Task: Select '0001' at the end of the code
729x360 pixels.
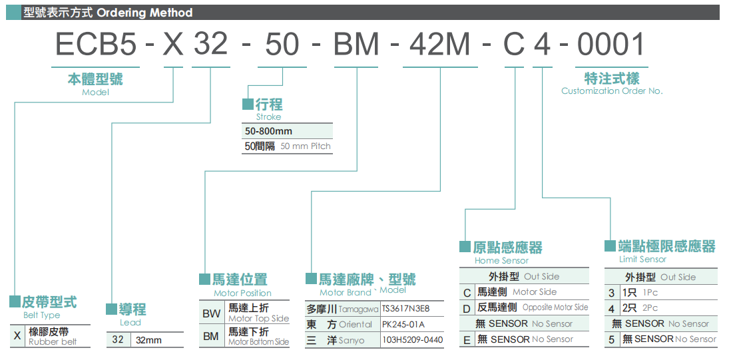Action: coord(611,45)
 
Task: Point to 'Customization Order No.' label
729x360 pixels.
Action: coord(612,91)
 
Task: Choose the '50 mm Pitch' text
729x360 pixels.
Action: coord(306,146)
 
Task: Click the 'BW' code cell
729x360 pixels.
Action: coord(211,313)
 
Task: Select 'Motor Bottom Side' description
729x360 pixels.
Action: coord(259,342)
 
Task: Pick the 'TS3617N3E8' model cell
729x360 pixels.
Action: coord(405,309)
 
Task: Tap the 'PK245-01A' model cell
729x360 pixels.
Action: coord(403,325)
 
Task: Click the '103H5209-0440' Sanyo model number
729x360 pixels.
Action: coord(412,340)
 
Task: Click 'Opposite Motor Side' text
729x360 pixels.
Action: coord(555,307)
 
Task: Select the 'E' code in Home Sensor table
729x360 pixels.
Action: coord(467,339)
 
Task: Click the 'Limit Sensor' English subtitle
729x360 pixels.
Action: coord(642,260)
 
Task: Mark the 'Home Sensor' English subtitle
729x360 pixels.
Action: coord(501,261)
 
